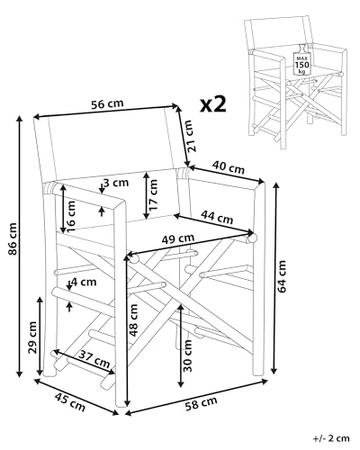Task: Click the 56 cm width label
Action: tap(108, 103)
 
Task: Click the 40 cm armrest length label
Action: tap(229, 166)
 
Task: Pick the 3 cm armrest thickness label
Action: tap(114, 184)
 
